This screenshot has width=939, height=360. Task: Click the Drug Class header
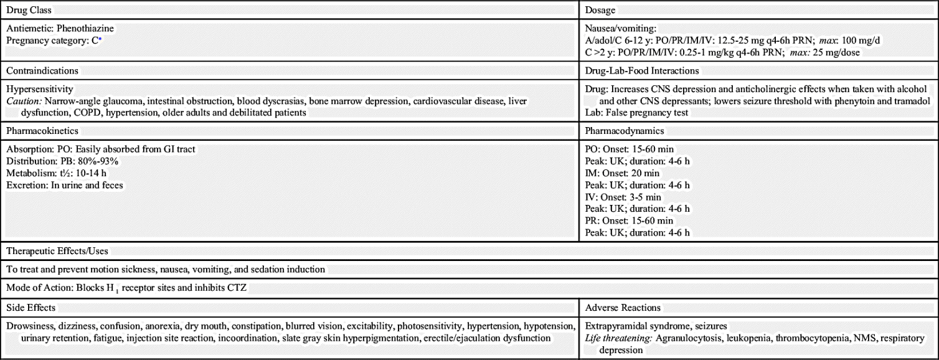click(29, 11)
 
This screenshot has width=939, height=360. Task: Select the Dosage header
click(600, 11)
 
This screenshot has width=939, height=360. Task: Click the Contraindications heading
click(42, 71)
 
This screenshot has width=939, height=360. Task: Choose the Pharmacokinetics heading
click(42, 131)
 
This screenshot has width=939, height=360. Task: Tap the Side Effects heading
click(31, 308)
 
